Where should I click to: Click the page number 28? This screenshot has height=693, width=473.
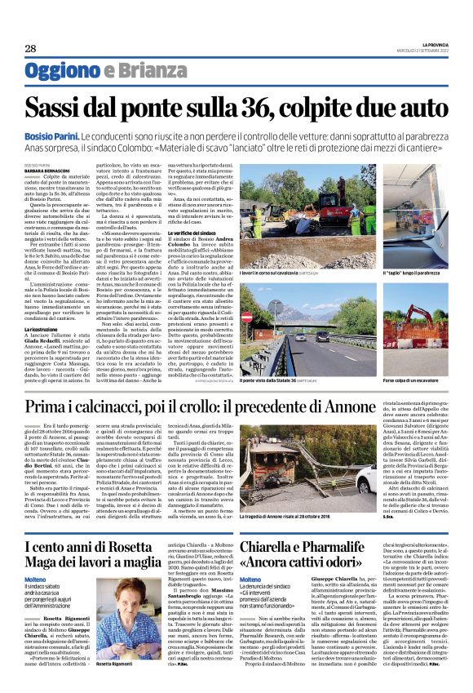[x=30, y=48]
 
